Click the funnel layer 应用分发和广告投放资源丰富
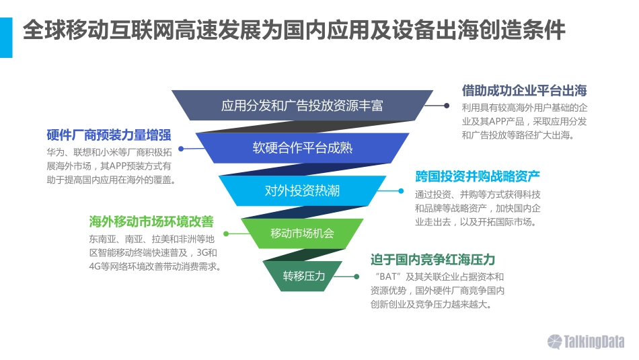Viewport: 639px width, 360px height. click(302, 106)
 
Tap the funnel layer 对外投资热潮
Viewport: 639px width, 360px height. click(302, 190)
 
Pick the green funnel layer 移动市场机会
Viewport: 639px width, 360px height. click(302, 233)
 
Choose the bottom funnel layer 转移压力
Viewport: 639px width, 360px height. click(303, 276)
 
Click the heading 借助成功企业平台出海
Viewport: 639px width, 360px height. click(525, 91)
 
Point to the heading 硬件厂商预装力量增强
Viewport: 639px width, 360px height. click(108, 134)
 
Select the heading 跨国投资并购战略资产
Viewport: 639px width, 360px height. click(478, 177)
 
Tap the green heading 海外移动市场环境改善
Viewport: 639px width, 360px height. click(151, 221)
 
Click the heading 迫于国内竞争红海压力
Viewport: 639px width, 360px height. click(433, 260)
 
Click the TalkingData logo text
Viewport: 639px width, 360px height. click(595, 342)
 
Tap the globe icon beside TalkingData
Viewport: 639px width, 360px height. click(555, 342)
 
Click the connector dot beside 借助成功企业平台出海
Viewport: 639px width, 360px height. click(446, 106)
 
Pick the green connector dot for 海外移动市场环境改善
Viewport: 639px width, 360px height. click(226, 233)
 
